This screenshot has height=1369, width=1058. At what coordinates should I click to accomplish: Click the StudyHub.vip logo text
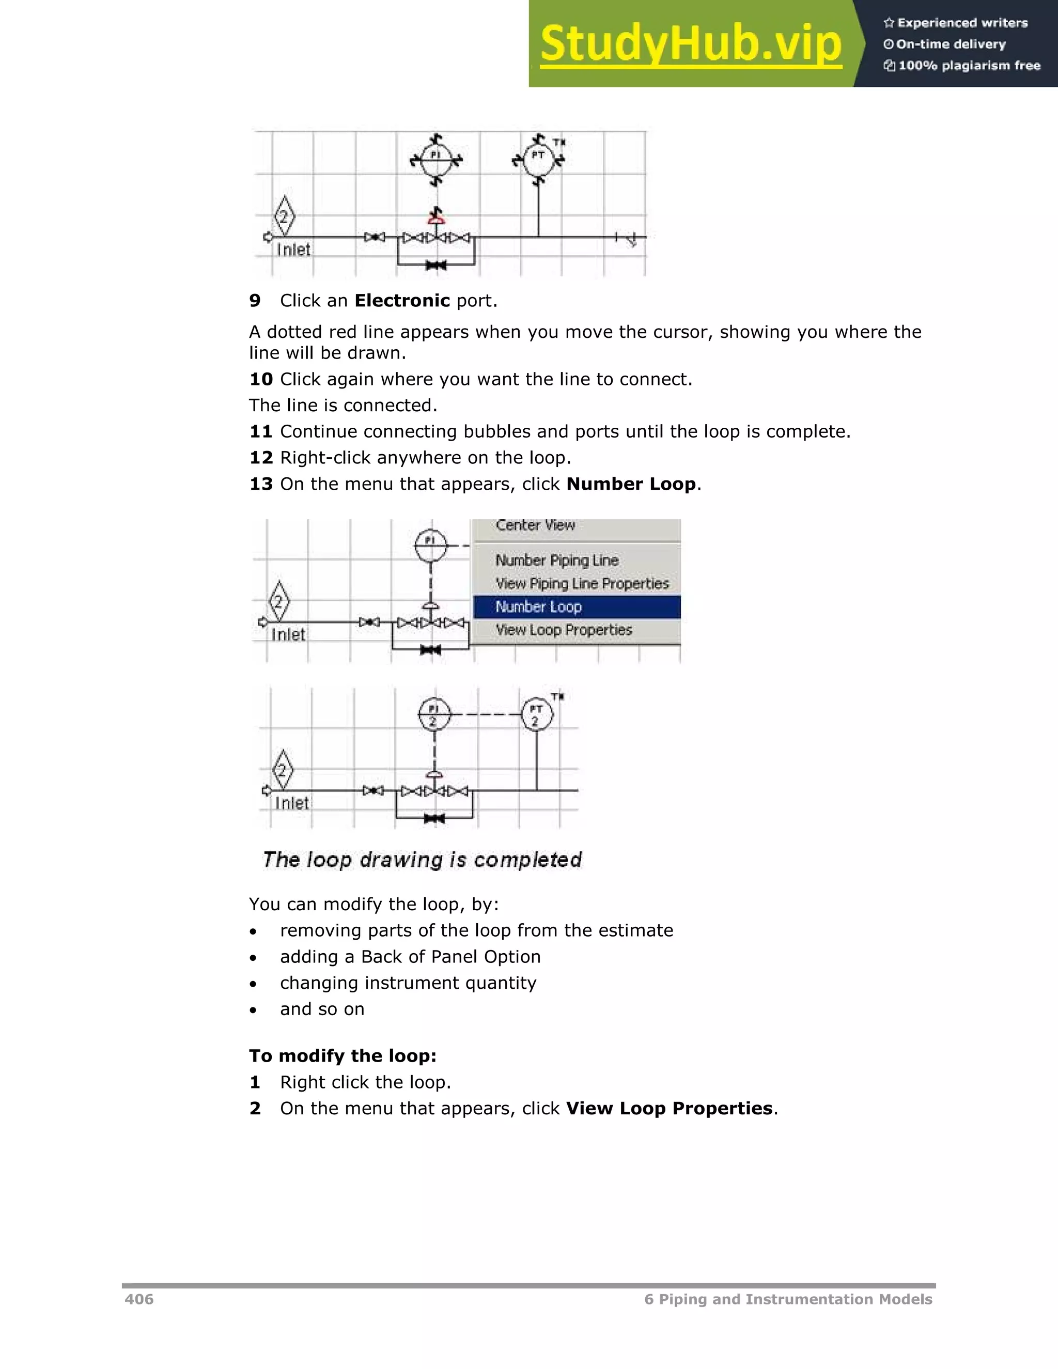click(690, 44)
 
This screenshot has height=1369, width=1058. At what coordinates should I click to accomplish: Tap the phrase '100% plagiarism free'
click(969, 66)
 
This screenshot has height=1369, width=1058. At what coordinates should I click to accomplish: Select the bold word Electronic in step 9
click(402, 301)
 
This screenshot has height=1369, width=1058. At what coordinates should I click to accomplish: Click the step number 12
click(261, 458)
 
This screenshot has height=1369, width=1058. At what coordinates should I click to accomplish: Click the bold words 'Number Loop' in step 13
click(631, 484)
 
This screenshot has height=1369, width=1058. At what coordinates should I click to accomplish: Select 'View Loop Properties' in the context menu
click(564, 630)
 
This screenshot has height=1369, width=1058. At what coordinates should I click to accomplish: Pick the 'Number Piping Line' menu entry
click(556, 561)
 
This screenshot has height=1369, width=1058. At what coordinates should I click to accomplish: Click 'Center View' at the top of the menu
click(535, 525)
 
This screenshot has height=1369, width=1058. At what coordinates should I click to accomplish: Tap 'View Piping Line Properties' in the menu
click(582, 584)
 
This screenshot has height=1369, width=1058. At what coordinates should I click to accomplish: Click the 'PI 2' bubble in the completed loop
click(434, 714)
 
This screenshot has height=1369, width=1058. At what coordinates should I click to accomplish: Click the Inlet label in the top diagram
click(293, 250)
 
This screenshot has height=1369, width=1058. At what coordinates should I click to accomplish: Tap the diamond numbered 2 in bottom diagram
click(282, 770)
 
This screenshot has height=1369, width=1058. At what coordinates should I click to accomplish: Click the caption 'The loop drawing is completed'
click(422, 860)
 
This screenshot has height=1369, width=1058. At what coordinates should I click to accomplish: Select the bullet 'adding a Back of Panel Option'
click(410, 957)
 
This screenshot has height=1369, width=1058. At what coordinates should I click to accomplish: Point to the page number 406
click(139, 1299)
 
